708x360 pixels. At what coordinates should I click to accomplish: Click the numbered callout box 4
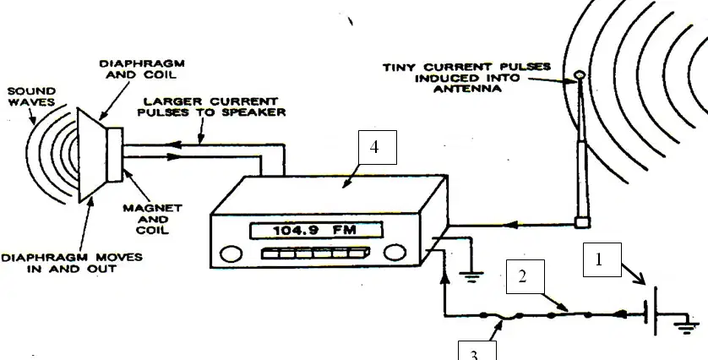[378, 147]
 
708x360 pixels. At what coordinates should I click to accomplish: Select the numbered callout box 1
[602, 259]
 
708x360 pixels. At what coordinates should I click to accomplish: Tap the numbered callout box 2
[526, 276]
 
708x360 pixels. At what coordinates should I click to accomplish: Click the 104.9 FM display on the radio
[316, 231]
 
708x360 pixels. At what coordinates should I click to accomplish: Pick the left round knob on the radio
[231, 254]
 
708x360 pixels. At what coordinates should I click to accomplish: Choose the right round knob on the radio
[395, 253]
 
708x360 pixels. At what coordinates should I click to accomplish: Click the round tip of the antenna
[580, 74]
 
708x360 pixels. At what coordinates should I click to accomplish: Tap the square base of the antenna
[582, 222]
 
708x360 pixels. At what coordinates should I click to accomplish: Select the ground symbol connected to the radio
[471, 276]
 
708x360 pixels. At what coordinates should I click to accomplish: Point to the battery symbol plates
[651, 311]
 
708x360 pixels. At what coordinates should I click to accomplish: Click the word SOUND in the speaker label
[31, 91]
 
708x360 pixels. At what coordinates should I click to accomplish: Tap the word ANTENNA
[467, 89]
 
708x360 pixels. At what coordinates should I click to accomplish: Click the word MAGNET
[152, 208]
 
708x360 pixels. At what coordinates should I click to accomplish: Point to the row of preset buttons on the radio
[315, 253]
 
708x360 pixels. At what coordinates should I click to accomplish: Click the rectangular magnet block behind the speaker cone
[114, 155]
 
